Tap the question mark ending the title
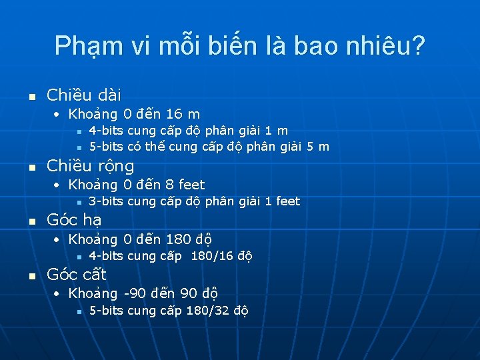coord(419,45)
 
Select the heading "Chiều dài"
coord(83,95)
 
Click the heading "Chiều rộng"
coord(90,165)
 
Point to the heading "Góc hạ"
coord(73,220)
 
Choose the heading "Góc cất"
coord(77,274)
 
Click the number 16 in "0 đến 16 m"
coord(175,114)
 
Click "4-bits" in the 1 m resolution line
coord(105,131)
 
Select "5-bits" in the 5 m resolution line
coord(105,147)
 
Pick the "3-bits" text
coord(105,201)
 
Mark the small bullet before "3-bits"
coord(79,202)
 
